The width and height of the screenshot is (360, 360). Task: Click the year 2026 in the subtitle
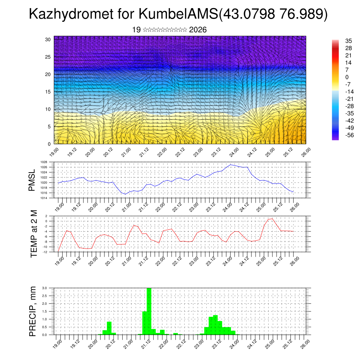point(198,30)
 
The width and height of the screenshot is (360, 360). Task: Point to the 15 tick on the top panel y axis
point(49,92)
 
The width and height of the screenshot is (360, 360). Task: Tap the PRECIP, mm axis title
point(33,311)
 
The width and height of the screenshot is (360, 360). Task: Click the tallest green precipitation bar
point(149,311)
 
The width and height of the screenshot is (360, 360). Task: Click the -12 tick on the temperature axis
point(45,252)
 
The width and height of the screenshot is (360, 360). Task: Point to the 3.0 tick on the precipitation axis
point(45,288)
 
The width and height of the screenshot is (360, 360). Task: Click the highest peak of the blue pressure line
point(231,165)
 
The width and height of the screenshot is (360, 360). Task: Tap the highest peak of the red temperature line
point(272,219)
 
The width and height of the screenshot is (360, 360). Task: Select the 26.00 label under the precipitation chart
point(304,342)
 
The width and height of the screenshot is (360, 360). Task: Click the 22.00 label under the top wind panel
point(162,152)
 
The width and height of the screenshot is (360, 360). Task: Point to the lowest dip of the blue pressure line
point(125,194)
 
